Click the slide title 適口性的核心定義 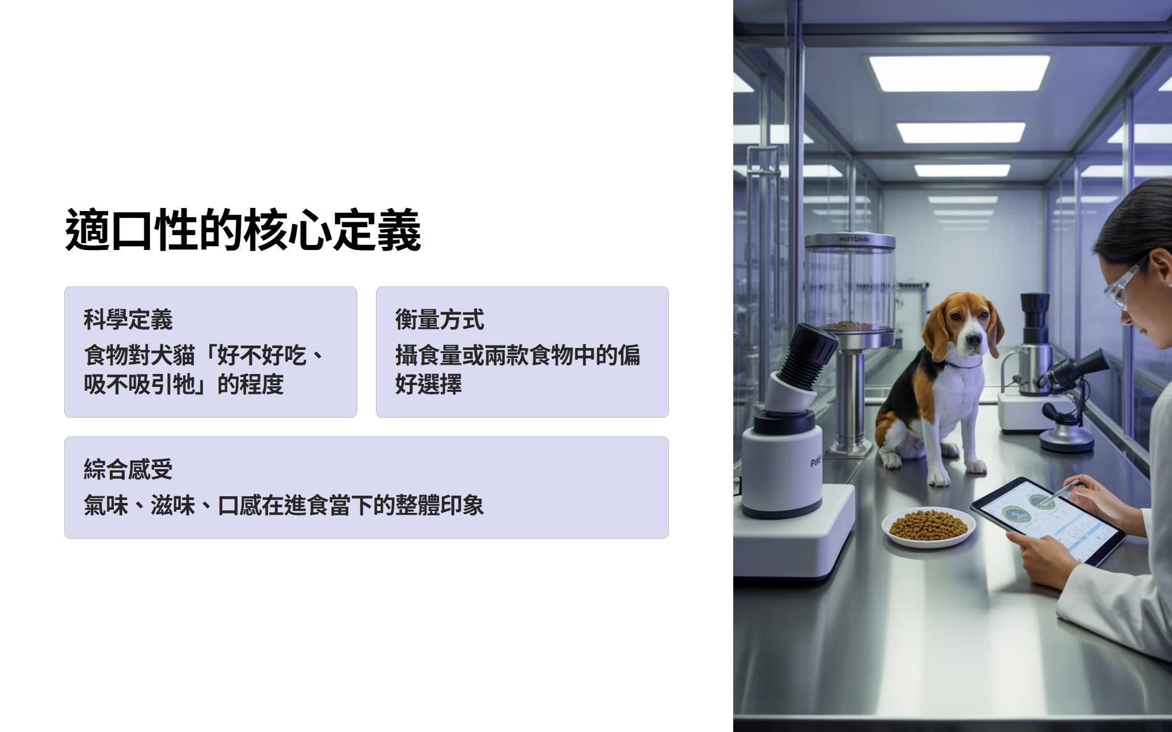coord(243,230)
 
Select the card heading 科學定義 coord(128,320)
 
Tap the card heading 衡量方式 coord(440,320)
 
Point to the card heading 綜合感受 coord(128,470)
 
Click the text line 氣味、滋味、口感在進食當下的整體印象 coord(284,505)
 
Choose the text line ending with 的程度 coord(184,384)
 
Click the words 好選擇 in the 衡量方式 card coord(429,384)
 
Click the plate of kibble coord(929,527)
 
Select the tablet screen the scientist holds coord(1047,520)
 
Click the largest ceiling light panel coord(959,72)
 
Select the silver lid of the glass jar coord(850,240)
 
